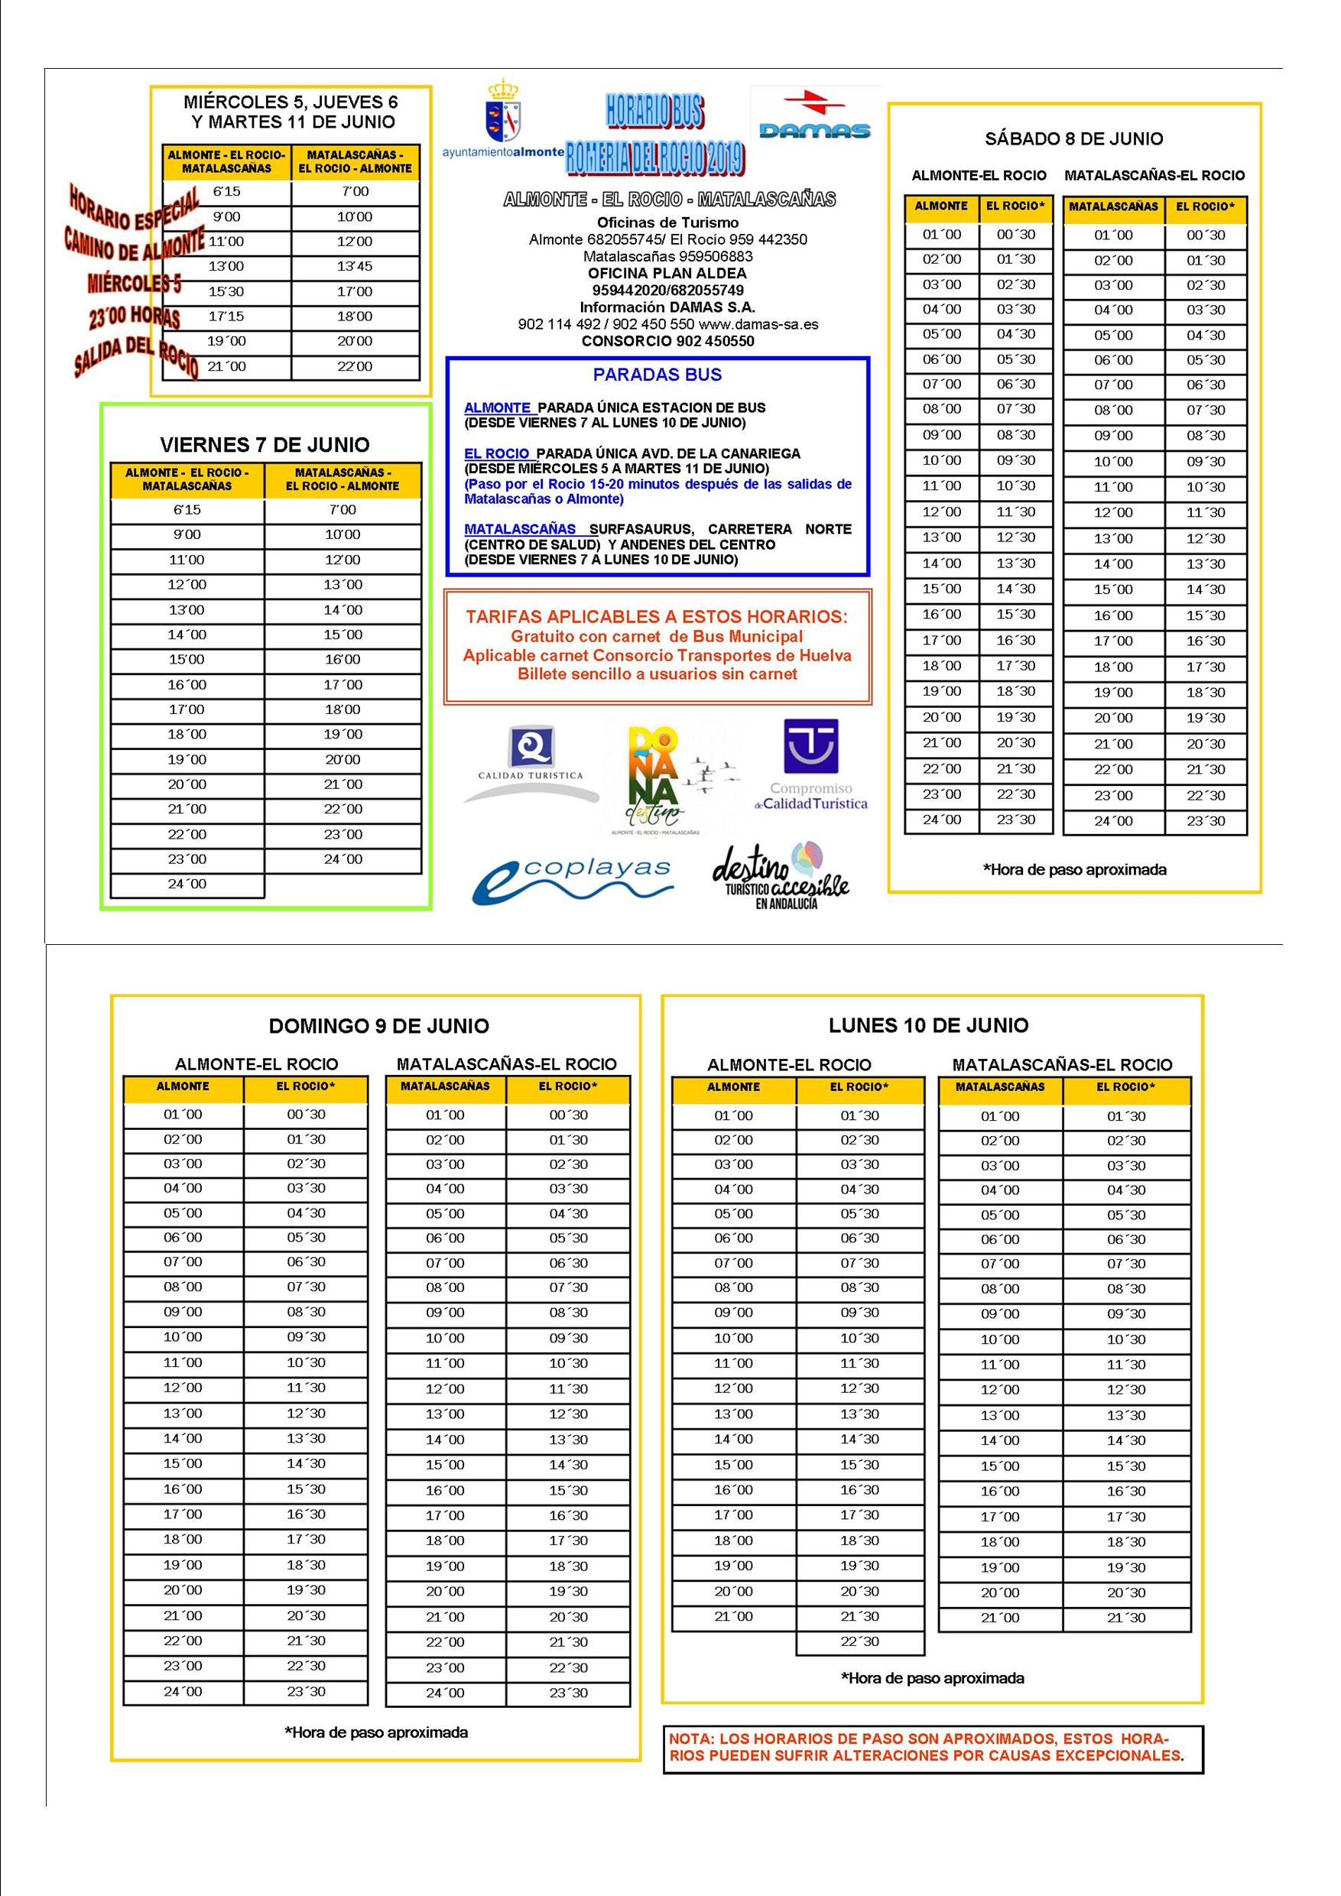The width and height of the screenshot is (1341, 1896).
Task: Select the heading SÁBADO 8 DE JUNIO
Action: point(1073,138)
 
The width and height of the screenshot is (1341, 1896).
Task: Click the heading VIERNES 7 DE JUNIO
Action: point(265,445)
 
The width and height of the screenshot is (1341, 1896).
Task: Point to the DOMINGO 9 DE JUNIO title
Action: point(379,1026)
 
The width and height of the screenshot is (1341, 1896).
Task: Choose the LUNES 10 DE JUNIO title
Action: point(928,1026)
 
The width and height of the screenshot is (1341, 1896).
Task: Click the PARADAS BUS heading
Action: point(658,375)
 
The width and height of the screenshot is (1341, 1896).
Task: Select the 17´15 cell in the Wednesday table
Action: point(226,317)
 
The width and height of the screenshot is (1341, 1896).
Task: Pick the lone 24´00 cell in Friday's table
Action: point(187,885)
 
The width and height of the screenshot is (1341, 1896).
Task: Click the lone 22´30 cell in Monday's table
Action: point(859,1641)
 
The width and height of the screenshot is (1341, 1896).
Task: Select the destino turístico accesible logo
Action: point(781,877)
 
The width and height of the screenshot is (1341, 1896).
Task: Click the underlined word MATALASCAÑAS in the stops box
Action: point(520,529)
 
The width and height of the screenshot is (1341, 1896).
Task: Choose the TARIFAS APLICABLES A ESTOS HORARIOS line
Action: point(657,617)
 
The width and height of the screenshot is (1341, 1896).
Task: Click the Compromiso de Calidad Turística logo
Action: point(810,764)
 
